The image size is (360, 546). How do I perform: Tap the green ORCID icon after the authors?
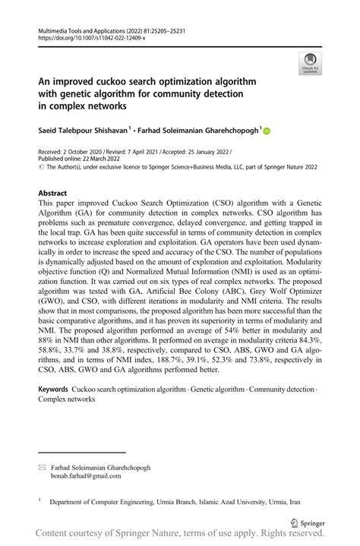coord(267,131)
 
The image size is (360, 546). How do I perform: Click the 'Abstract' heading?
coord(57,194)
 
